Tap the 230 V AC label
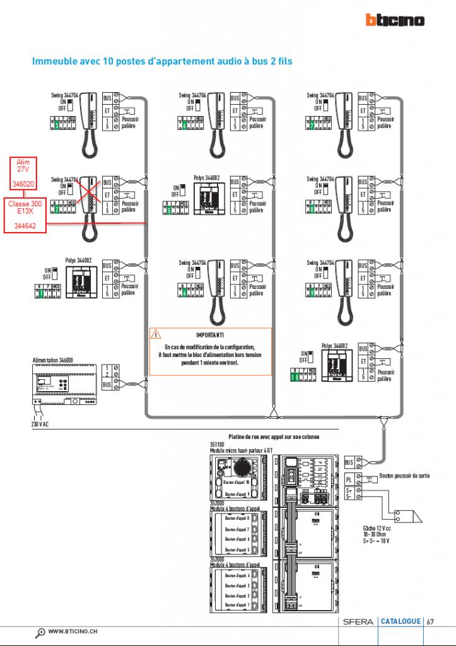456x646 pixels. coord(40,424)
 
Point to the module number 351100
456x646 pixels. coord(218,443)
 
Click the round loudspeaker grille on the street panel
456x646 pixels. coord(242,468)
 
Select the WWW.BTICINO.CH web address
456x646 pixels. coord(73,631)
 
